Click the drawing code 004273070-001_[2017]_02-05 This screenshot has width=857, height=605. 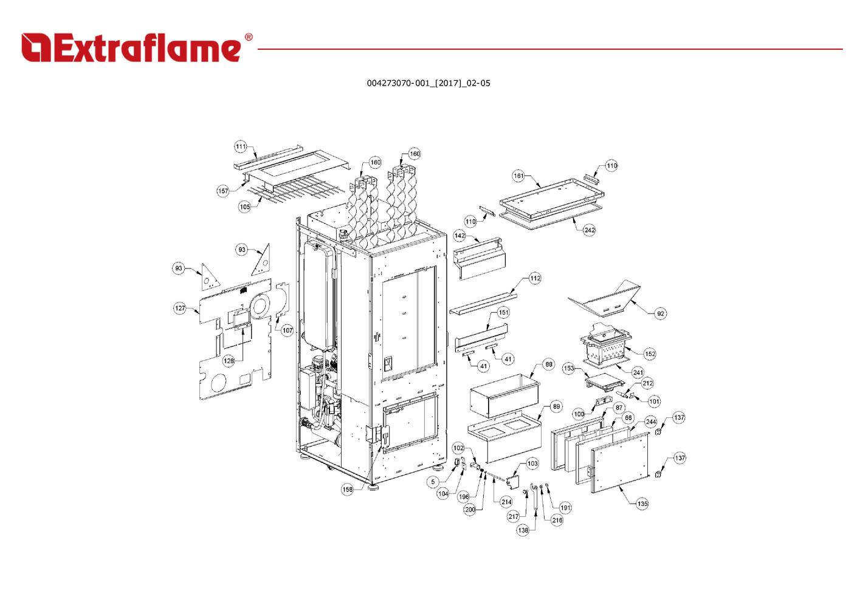[x=429, y=83]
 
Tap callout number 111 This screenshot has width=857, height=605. [x=241, y=146]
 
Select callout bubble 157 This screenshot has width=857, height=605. [x=223, y=191]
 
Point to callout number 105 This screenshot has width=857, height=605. [x=245, y=207]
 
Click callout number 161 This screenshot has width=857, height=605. [x=518, y=176]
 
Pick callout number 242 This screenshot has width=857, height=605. [x=590, y=230]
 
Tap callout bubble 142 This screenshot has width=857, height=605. [x=459, y=236]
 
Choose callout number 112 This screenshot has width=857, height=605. [x=535, y=278]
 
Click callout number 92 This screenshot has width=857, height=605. [x=660, y=313]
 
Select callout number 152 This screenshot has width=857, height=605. [x=650, y=354]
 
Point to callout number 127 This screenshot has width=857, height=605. [x=180, y=308]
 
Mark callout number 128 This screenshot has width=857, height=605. [x=229, y=361]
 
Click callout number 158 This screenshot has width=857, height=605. [x=348, y=489]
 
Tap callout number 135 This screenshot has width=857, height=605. [x=642, y=504]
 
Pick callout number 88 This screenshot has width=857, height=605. [x=549, y=364]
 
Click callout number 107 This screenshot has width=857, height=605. [x=287, y=330]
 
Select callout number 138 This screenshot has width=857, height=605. [x=523, y=530]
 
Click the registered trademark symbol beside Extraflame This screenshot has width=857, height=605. [x=249, y=37]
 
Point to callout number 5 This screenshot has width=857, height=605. [x=433, y=482]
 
